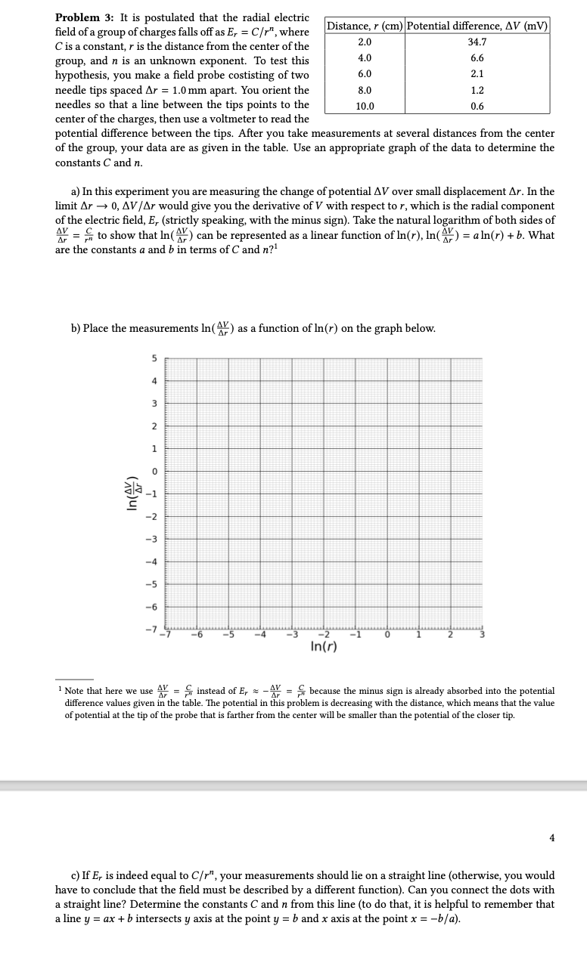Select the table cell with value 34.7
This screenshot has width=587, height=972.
click(x=477, y=42)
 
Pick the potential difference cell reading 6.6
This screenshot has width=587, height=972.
click(x=477, y=58)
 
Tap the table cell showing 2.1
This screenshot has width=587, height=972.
click(x=477, y=74)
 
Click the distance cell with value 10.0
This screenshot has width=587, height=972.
click(x=365, y=107)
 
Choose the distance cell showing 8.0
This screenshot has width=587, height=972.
click(x=365, y=91)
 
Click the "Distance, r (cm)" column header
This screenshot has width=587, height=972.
click(x=365, y=26)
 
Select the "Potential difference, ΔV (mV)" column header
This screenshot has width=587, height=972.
click(x=477, y=26)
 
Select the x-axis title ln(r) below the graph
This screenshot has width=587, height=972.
click(x=324, y=649)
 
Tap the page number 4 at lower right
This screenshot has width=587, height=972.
click(x=552, y=837)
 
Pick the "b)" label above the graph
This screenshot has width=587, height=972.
click(x=76, y=328)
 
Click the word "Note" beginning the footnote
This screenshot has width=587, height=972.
click(x=77, y=691)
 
